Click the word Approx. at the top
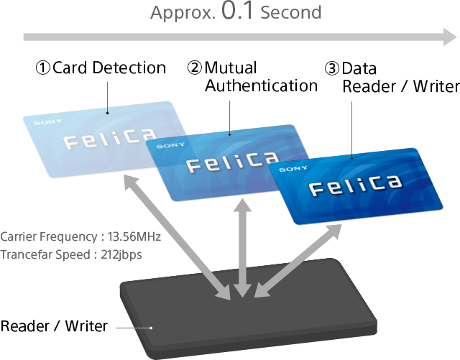coord(183,13)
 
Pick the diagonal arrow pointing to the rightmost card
coord(298,259)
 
